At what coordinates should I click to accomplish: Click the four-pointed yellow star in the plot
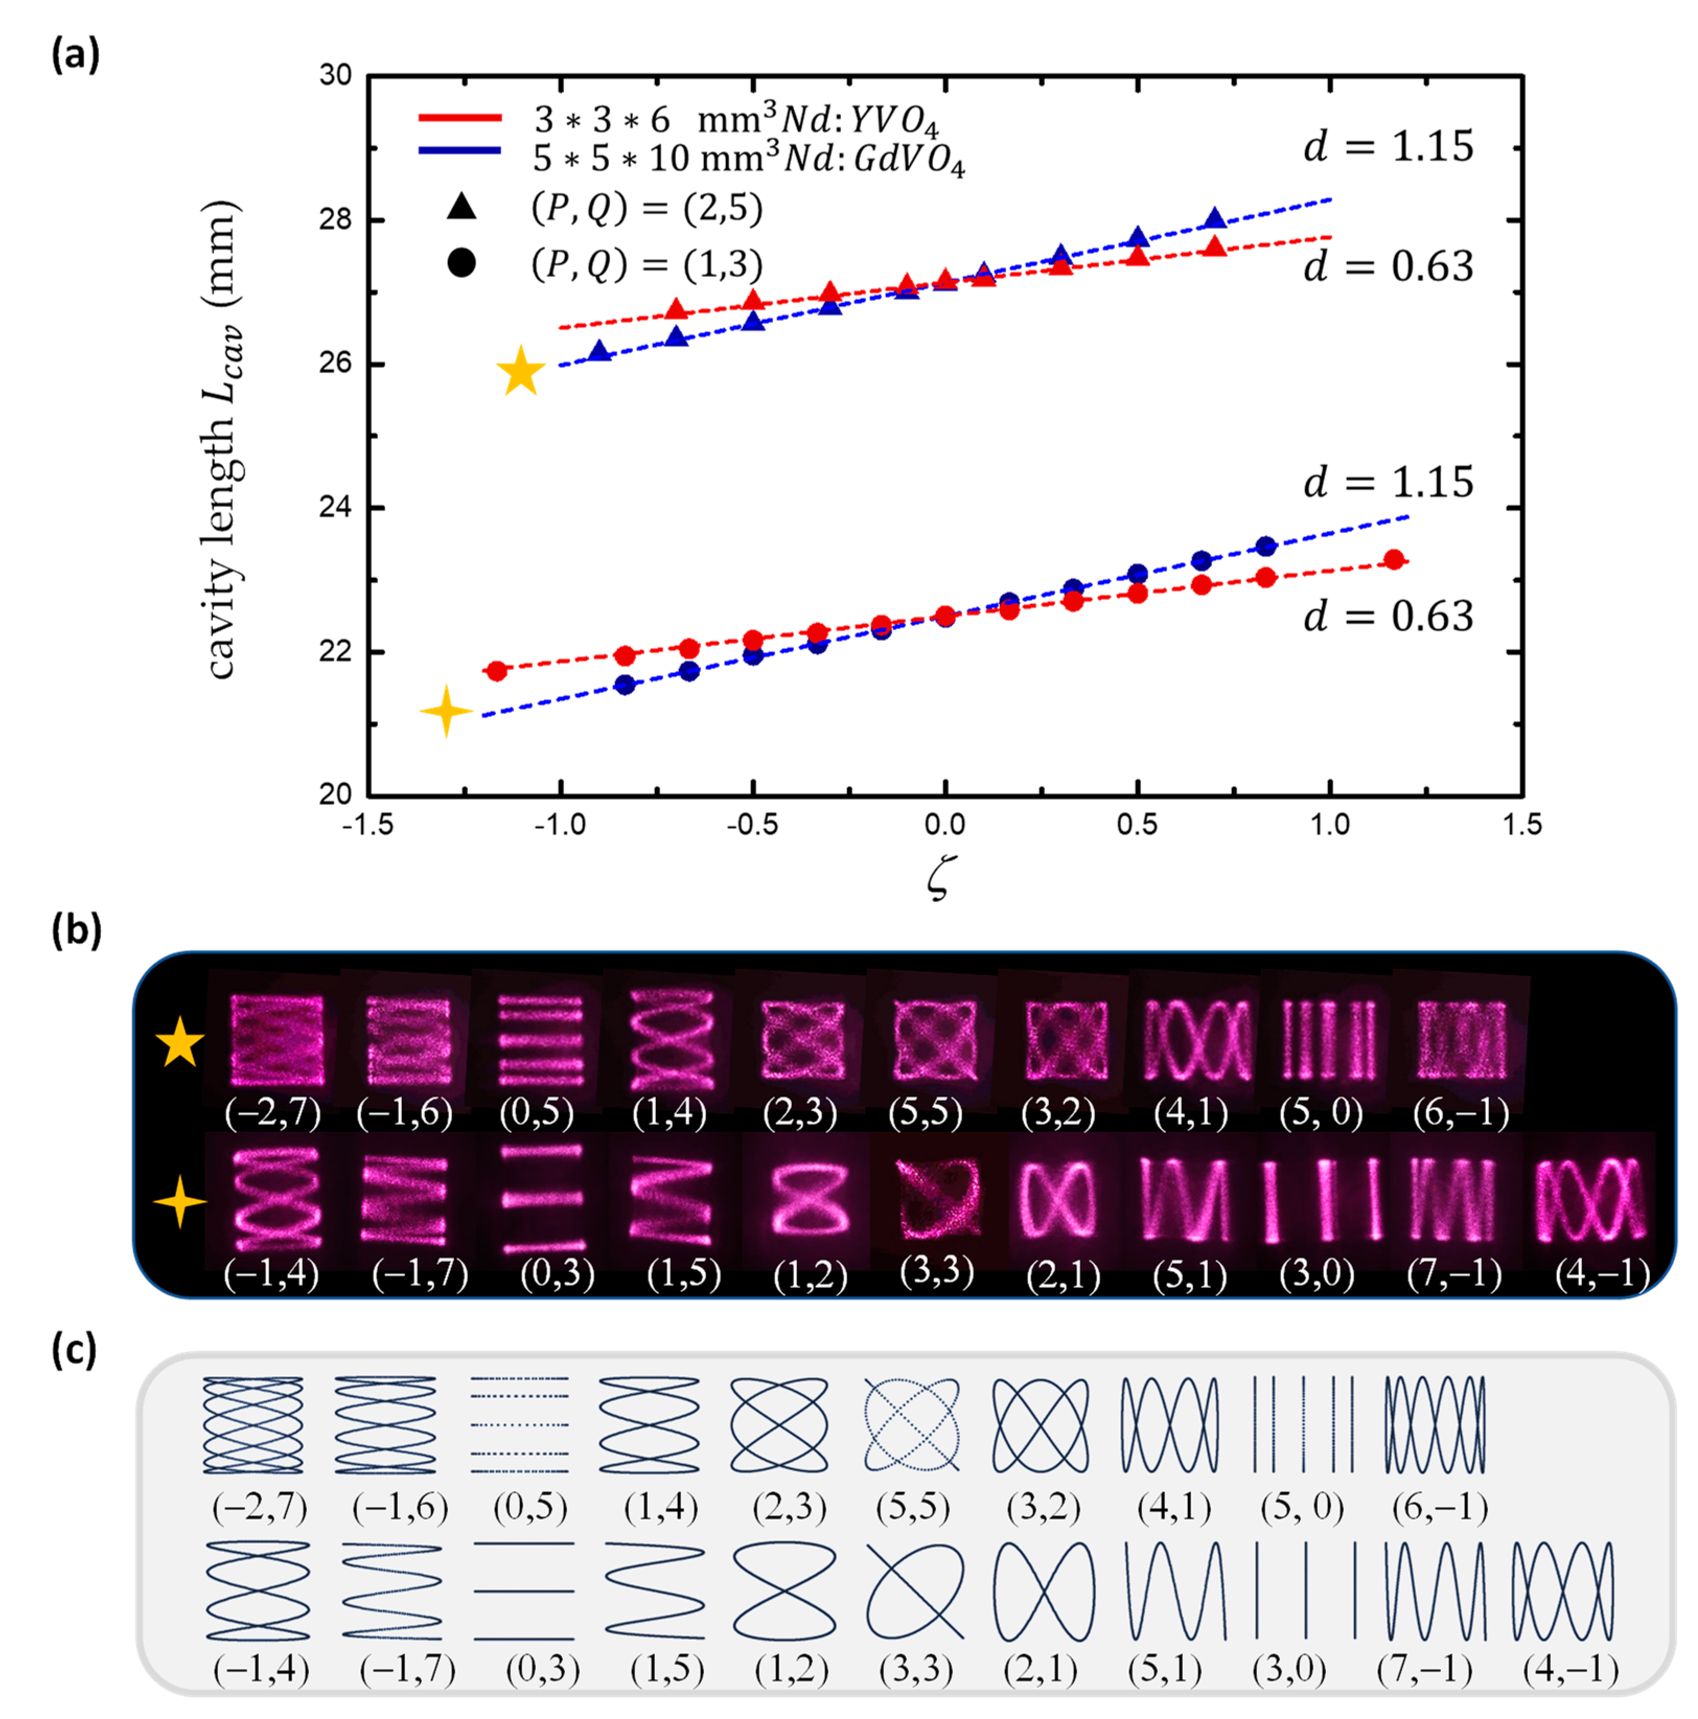pos(446,711)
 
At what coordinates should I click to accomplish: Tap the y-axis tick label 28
pos(336,219)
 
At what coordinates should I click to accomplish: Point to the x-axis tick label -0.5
pos(752,825)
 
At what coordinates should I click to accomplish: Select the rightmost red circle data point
pos(1394,560)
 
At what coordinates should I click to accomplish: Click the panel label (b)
pos(76,930)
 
